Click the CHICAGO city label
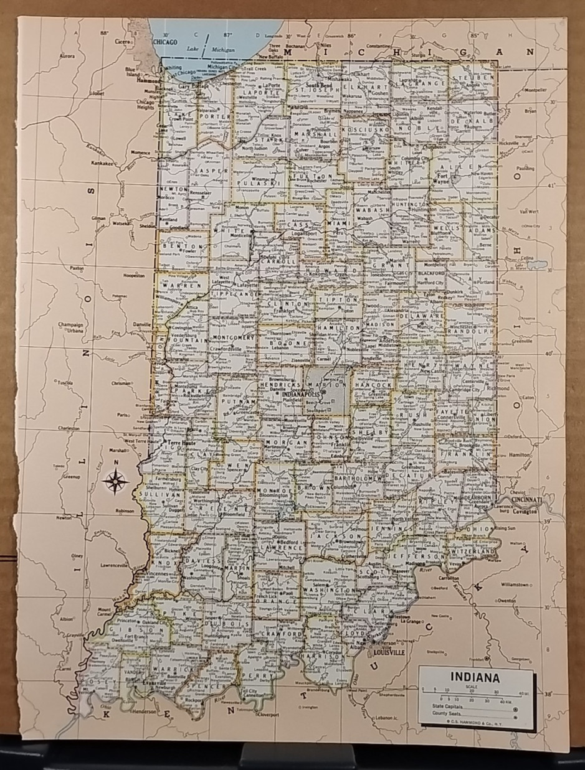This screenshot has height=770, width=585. point(165,42)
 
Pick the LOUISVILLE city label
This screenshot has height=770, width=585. point(389,652)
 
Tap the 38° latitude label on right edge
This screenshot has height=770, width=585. point(548,692)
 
